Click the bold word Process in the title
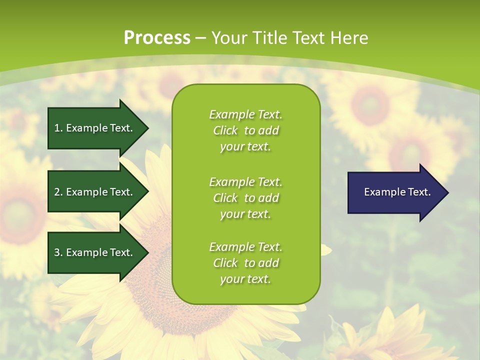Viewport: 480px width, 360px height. pos(157,38)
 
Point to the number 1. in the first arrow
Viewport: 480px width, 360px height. pos(58,128)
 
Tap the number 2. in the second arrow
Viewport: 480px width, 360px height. pos(58,192)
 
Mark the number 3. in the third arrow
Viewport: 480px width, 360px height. pos(58,252)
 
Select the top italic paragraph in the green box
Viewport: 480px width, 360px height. pos(245,130)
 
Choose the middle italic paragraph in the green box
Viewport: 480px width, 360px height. pos(245,198)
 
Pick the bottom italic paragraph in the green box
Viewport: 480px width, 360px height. pos(245,263)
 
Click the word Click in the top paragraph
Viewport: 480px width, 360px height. pos(225,130)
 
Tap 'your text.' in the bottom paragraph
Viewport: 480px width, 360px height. pos(245,279)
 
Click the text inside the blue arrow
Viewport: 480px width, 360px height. pos(397,192)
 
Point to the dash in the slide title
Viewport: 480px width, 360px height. pos(200,38)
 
